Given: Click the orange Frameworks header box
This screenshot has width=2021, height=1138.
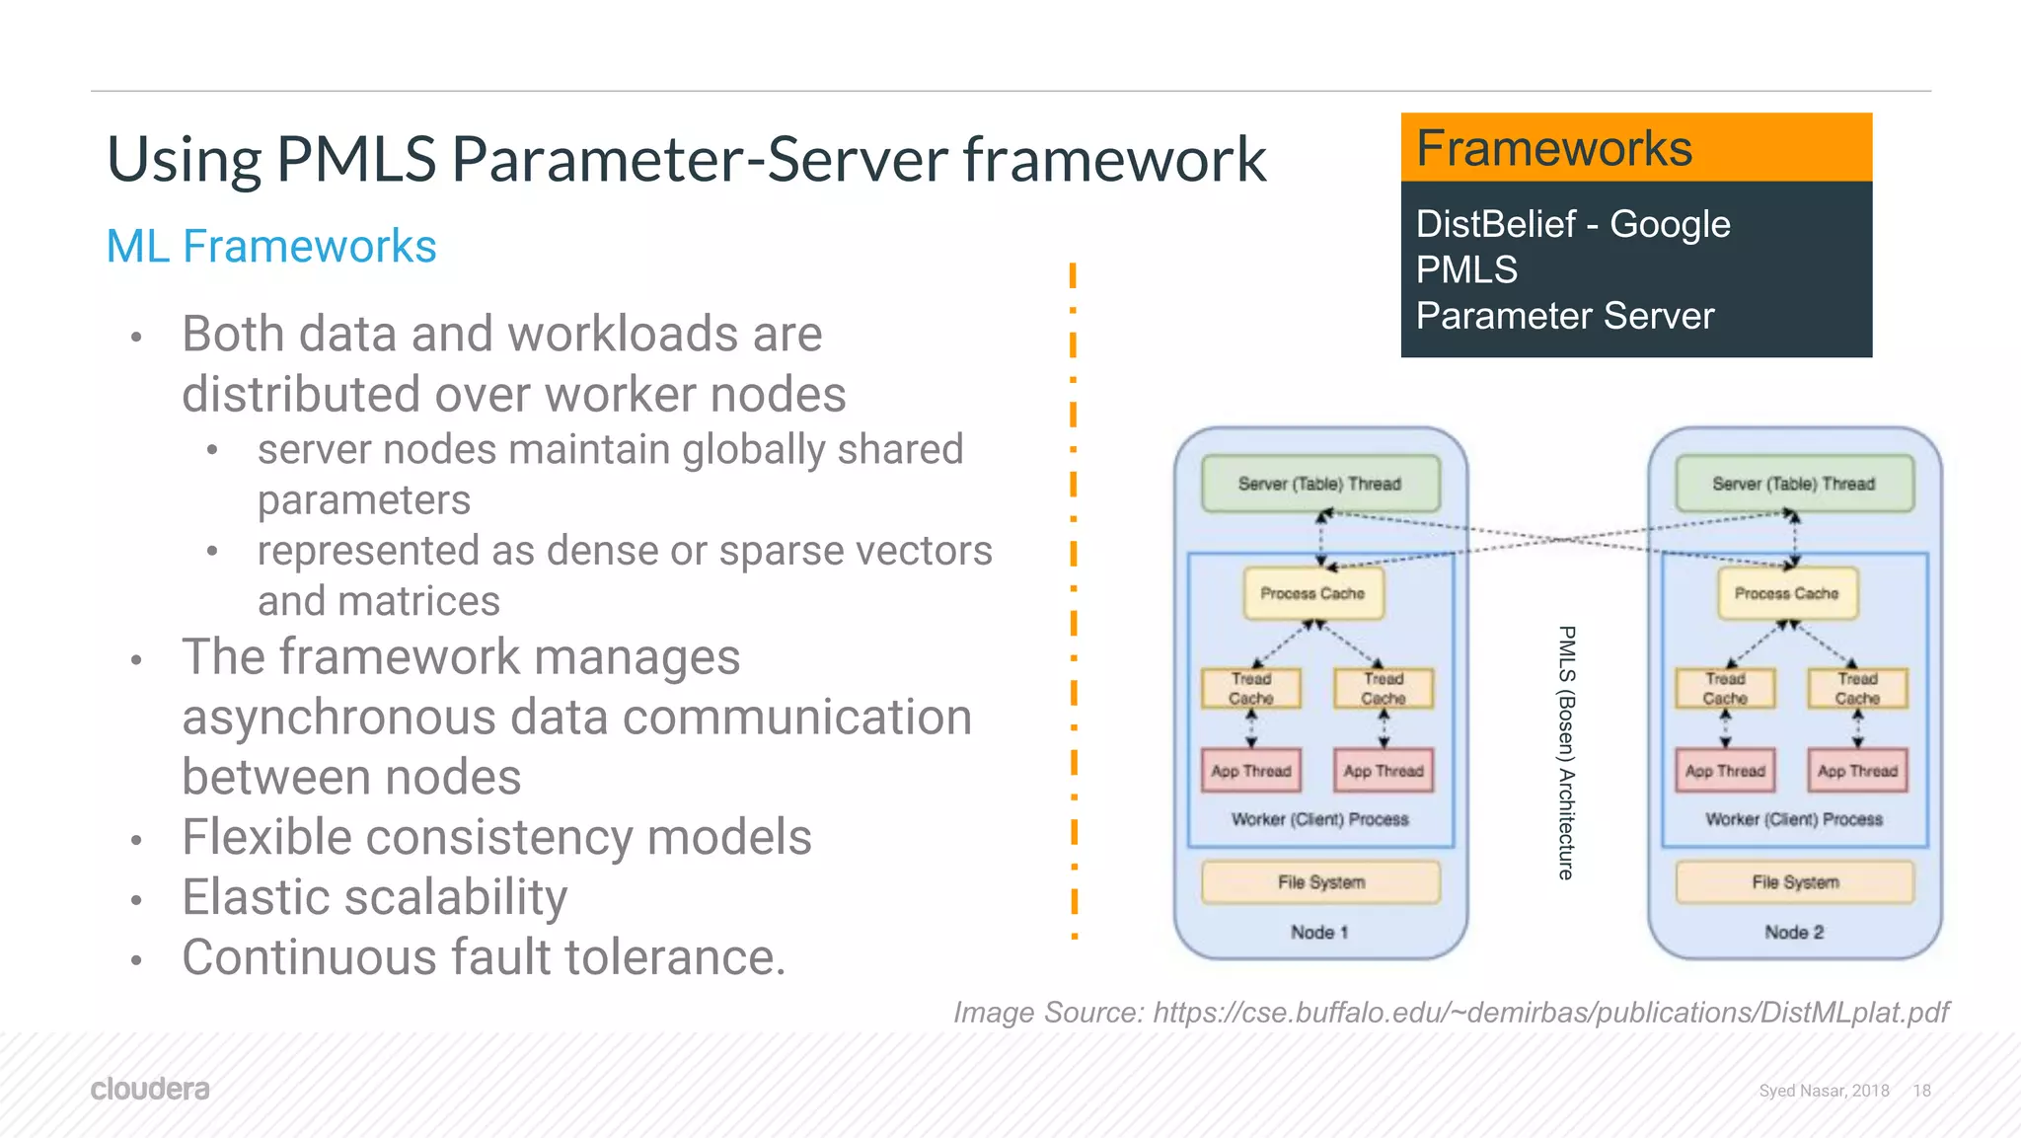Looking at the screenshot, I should pyautogui.click(x=1635, y=148).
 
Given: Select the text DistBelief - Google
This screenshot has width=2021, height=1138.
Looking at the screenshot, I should pyautogui.click(x=1572, y=224).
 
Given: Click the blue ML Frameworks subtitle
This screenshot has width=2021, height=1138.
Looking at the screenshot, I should pyautogui.click(x=270, y=246).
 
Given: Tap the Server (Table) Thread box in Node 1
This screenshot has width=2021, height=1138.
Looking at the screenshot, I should pyautogui.click(x=1319, y=484).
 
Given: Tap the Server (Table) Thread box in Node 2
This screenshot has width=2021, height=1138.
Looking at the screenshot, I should pyautogui.click(x=1793, y=484).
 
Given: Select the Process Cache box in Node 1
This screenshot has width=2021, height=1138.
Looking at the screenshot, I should pyautogui.click(x=1312, y=593).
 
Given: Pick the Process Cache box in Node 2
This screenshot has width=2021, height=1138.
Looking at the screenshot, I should pyautogui.click(x=1786, y=593).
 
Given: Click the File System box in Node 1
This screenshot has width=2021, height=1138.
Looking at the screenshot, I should pyautogui.click(x=1320, y=881).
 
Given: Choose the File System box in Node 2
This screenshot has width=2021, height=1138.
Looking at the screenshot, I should pyautogui.click(x=1794, y=881).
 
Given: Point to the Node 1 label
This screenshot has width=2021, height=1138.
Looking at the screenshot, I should pyautogui.click(x=1319, y=932).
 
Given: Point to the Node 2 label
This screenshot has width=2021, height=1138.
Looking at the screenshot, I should pyautogui.click(x=1794, y=932).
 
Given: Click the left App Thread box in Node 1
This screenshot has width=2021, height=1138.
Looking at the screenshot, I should pyautogui.click(x=1250, y=771).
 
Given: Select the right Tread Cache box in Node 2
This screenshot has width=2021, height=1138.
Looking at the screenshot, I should pyautogui.click(x=1856, y=688).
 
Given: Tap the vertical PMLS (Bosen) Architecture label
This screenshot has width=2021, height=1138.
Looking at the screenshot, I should pyautogui.click(x=1566, y=752).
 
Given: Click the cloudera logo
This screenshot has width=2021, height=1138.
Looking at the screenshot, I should pyautogui.click(x=150, y=1089).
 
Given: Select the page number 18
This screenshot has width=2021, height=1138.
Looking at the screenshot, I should pyautogui.click(x=1921, y=1091).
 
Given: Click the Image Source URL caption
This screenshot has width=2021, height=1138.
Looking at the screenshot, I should pyautogui.click(x=1451, y=1013).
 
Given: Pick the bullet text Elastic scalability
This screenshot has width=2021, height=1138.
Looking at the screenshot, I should pyautogui.click(x=374, y=897).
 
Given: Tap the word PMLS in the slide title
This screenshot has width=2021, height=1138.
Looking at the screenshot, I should pyautogui.click(x=356, y=159).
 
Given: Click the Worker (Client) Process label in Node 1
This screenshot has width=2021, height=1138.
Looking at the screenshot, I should pyautogui.click(x=1319, y=819).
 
